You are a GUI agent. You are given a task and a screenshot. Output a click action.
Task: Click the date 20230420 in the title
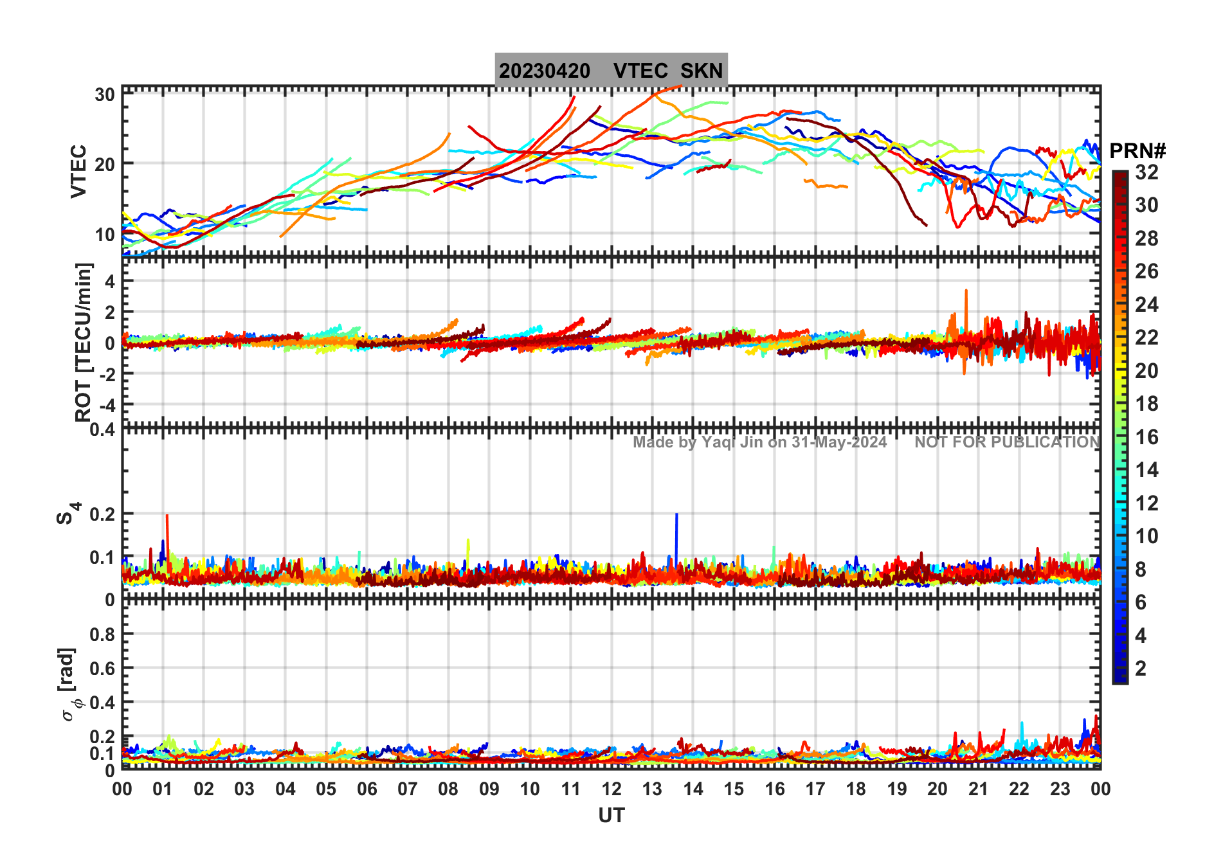pyautogui.click(x=545, y=71)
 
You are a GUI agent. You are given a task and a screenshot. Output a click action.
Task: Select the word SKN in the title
pyautogui.click(x=702, y=71)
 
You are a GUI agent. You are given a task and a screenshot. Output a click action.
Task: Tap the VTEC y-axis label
pyautogui.click(x=78, y=171)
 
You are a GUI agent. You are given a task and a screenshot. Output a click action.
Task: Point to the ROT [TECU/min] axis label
pyautogui.click(x=84, y=342)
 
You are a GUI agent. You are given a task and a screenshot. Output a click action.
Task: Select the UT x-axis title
pyautogui.click(x=611, y=815)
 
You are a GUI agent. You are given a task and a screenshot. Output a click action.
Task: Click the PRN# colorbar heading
pyautogui.click(x=1137, y=151)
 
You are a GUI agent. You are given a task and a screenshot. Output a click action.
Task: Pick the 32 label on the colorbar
pyautogui.click(x=1146, y=172)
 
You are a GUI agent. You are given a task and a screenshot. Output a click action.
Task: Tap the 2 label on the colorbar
pyautogui.click(x=1141, y=669)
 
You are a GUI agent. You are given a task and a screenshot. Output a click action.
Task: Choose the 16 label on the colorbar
pyautogui.click(x=1146, y=437)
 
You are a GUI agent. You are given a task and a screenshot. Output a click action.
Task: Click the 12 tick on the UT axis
pyautogui.click(x=611, y=789)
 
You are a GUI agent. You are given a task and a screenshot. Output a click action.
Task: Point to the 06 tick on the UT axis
pyautogui.click(x=367, y=789)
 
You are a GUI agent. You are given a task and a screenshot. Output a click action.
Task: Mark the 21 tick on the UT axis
pyautogui.click(x=978, y=789)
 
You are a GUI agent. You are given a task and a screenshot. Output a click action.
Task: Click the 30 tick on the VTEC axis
pyautogui.click(x=105, y=95)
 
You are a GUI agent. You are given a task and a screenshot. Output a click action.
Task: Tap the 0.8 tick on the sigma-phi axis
pyautogui.click(x=103, y=634)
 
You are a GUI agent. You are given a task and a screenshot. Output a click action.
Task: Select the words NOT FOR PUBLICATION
pyautogui.click(x=1007, y=442)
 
